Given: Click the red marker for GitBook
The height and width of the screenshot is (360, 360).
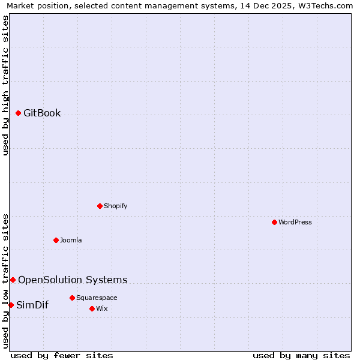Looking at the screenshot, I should (x=18, y=113).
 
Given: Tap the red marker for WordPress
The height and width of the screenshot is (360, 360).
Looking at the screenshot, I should (x=274, y=222).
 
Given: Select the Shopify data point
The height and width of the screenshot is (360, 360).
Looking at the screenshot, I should (x=100, y=206).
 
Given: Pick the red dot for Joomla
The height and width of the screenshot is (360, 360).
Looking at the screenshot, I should (x=56, y=240).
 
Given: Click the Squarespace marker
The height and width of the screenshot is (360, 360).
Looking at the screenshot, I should (x=72, y=298).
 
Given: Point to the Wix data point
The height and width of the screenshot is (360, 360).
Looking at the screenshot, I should (x=92, y=308).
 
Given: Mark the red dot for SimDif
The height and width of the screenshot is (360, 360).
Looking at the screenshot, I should (x=11, y=305).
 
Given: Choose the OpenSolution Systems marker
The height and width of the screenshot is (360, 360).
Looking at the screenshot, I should (x=13, y=280).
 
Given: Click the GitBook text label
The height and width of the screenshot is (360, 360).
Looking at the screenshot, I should (x=42, y=113).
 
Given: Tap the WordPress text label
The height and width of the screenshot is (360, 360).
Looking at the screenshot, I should (x=295, y=222).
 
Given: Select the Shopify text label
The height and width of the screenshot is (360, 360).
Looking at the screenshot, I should (x=115, y=206).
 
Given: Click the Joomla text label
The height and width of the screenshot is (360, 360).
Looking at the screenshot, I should (x=71, y=240).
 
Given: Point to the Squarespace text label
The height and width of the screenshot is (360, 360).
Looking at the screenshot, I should (x=97, y=298).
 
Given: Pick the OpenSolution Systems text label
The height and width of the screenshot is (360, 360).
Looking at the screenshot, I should (x=73, y=280).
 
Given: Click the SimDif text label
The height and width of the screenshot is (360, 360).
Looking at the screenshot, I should (x=32, y=305).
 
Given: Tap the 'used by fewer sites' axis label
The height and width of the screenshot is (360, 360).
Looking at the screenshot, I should (x=62, y=355).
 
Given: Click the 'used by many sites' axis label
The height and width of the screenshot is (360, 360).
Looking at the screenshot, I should (x=301, y=355).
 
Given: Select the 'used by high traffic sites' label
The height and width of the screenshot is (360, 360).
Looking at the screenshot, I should (x=5, y=85).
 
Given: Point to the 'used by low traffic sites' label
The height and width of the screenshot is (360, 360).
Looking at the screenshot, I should (x=5, y=280).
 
